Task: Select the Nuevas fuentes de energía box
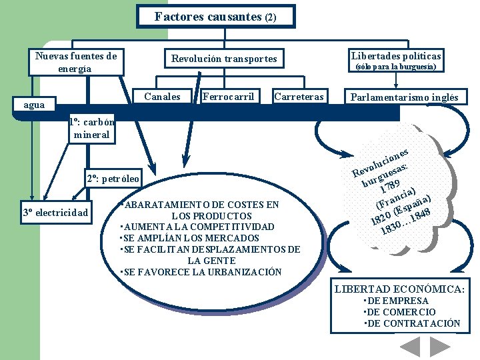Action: click(x=75, y=62)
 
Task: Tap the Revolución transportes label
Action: click(x=224, y=59)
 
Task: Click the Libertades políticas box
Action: click(x=395, y=60)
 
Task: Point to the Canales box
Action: click(x=162, y=97)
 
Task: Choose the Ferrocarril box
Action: click(x=228, y=97)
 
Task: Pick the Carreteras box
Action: click(x=299, y=97)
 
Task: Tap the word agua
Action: click(x=34, y=105)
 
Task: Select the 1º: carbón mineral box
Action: click(x=91, y=129)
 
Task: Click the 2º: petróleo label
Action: click(x=113, y=179)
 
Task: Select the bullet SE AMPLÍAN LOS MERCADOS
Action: click(x=189, y=238)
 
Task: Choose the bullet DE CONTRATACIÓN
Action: click(x=412, y=323)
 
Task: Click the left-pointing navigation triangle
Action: click(x=410, y=347)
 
